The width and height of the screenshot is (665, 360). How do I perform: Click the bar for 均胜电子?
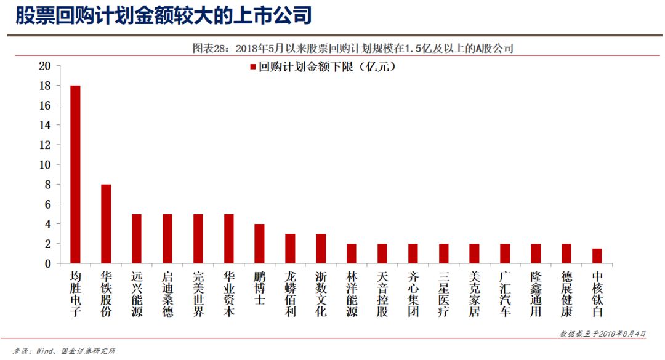75,174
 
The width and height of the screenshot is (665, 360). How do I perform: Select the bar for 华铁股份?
106,223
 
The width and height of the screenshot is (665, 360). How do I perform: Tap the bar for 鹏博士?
259,243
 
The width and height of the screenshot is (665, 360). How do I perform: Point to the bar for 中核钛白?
597,255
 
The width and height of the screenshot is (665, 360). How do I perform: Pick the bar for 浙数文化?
321,248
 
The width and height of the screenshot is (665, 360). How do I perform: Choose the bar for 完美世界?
198,238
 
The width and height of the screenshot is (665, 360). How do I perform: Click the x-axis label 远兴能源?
137,294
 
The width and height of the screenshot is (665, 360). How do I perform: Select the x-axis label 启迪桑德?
167,294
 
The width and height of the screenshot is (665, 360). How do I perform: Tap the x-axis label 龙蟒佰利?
290,294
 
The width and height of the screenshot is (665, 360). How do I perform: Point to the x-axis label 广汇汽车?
505,294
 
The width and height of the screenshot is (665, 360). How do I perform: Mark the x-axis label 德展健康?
566,294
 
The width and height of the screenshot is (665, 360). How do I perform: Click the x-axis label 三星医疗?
443,294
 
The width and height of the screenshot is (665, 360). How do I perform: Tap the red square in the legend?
252,67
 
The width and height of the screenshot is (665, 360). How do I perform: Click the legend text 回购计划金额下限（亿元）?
326,67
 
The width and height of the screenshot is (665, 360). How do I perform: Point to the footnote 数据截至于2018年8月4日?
602,334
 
